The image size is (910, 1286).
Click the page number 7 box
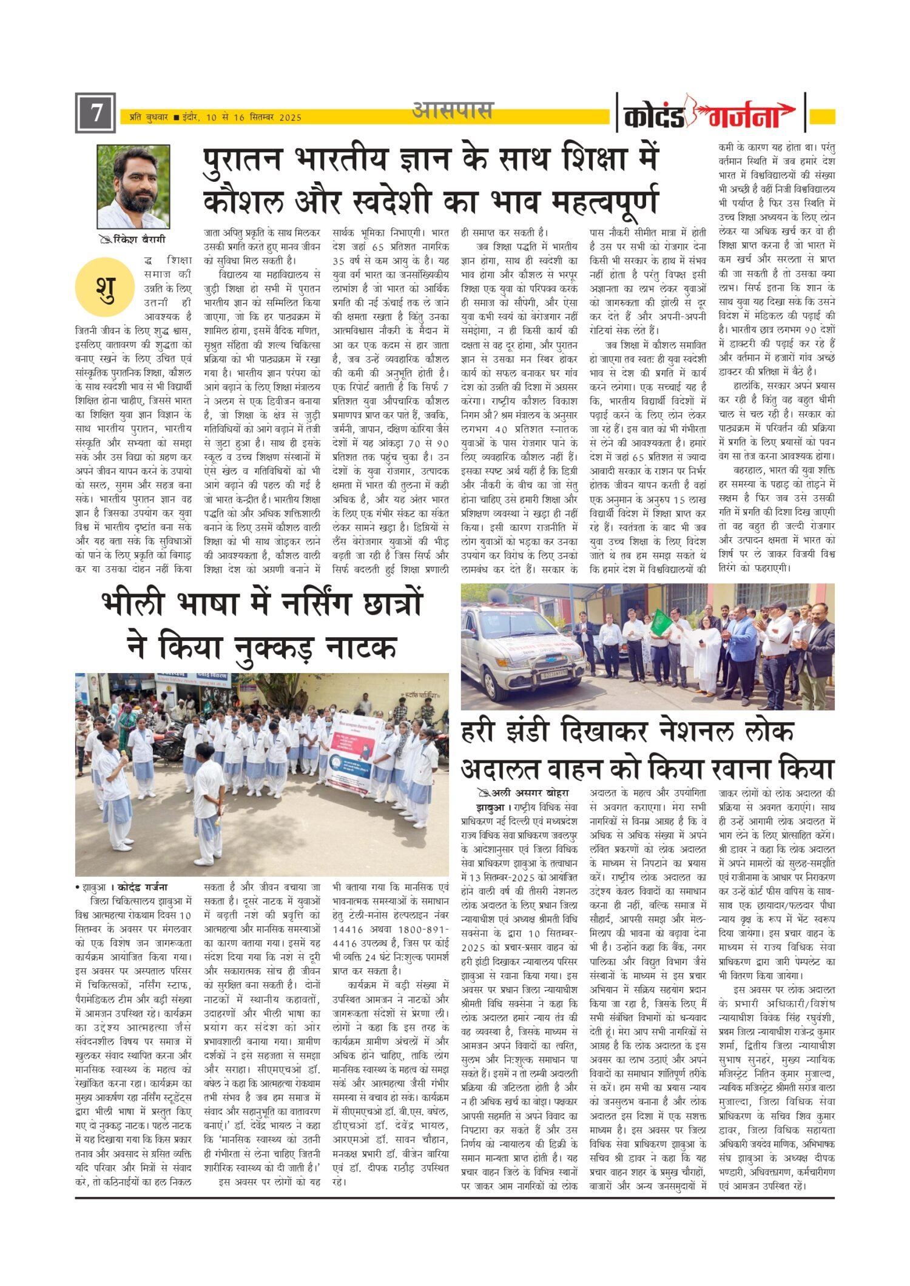point(95,113)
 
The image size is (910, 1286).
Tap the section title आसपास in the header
point(453,111)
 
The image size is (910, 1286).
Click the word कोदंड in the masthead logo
point(654,116)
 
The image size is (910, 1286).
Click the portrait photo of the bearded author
point(133,186)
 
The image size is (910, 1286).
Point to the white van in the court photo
point(523,641)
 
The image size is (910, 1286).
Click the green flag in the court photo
point(658,620)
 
